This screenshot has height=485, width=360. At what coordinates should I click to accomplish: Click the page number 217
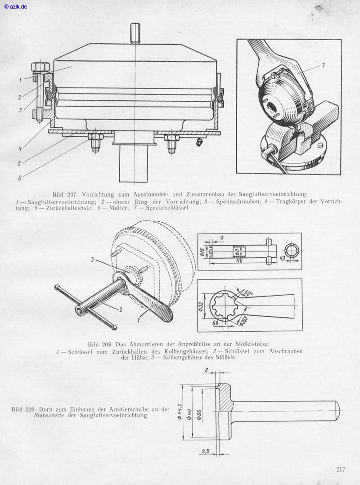coord(341,470)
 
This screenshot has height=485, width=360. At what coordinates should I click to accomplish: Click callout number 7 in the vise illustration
coord(323,65)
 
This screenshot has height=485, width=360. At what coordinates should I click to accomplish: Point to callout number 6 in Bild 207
coord(20,177)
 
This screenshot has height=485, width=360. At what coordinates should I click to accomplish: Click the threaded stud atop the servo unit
coord(135,33)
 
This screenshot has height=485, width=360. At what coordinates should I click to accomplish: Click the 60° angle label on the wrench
coord(248,293)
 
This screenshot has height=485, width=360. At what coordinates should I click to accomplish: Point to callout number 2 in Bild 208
coord(121,309)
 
